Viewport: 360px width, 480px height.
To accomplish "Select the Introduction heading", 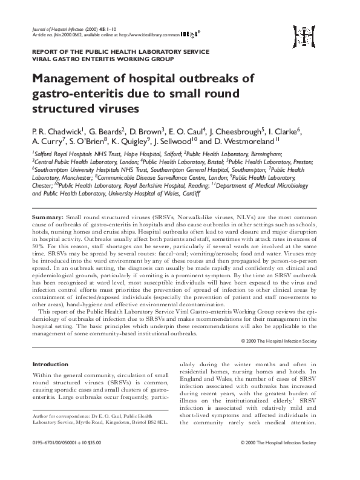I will (50, 364).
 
